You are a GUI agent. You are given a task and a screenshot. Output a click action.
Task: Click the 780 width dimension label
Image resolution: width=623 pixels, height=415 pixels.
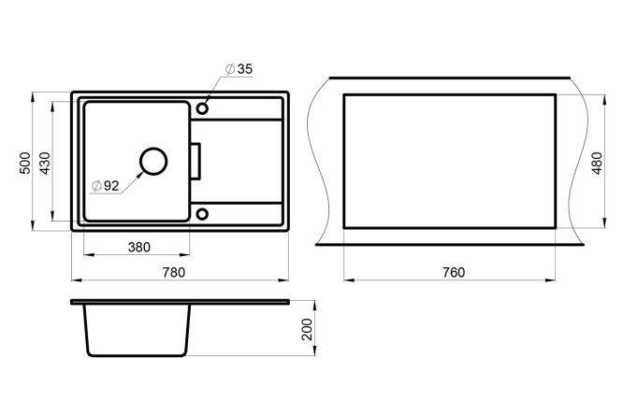tap(174, 272)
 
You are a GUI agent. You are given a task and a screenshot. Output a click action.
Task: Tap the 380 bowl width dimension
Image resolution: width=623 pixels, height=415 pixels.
tap(139, 248)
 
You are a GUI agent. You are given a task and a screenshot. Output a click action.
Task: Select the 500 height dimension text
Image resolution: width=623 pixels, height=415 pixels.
tap(25, 163)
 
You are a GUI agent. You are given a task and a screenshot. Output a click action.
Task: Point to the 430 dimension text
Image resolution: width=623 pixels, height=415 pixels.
tap(46, 163)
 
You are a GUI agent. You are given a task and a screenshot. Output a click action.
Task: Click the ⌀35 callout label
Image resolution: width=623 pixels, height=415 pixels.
tap(239, 69)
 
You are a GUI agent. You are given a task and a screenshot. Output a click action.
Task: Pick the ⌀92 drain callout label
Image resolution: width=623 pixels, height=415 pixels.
tap(106, 185)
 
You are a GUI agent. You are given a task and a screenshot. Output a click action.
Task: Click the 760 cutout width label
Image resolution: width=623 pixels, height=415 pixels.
tap(454, 272)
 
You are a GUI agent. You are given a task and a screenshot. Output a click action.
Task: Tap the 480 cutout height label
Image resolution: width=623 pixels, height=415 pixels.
tap(597, 163)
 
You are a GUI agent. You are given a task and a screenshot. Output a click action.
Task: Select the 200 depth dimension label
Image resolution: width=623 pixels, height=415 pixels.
tap(307, 329)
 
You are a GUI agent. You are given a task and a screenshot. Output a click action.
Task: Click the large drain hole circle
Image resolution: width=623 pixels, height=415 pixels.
tap(153, 148)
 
